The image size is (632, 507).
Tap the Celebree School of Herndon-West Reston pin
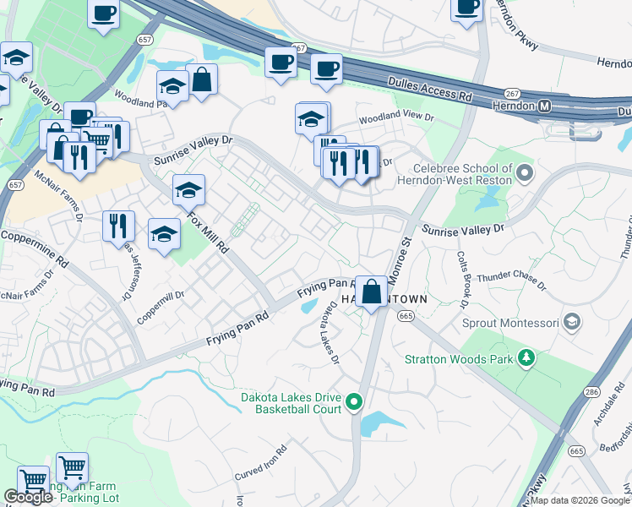click(x=525, y=174)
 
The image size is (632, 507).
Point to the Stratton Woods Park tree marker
click(x=527, y=358)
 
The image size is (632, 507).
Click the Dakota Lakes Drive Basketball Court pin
click(x=355, y=402)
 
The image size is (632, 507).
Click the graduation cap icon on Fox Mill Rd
click(x=188, y=190)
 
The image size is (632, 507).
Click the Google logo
click(x=28, y=497)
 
